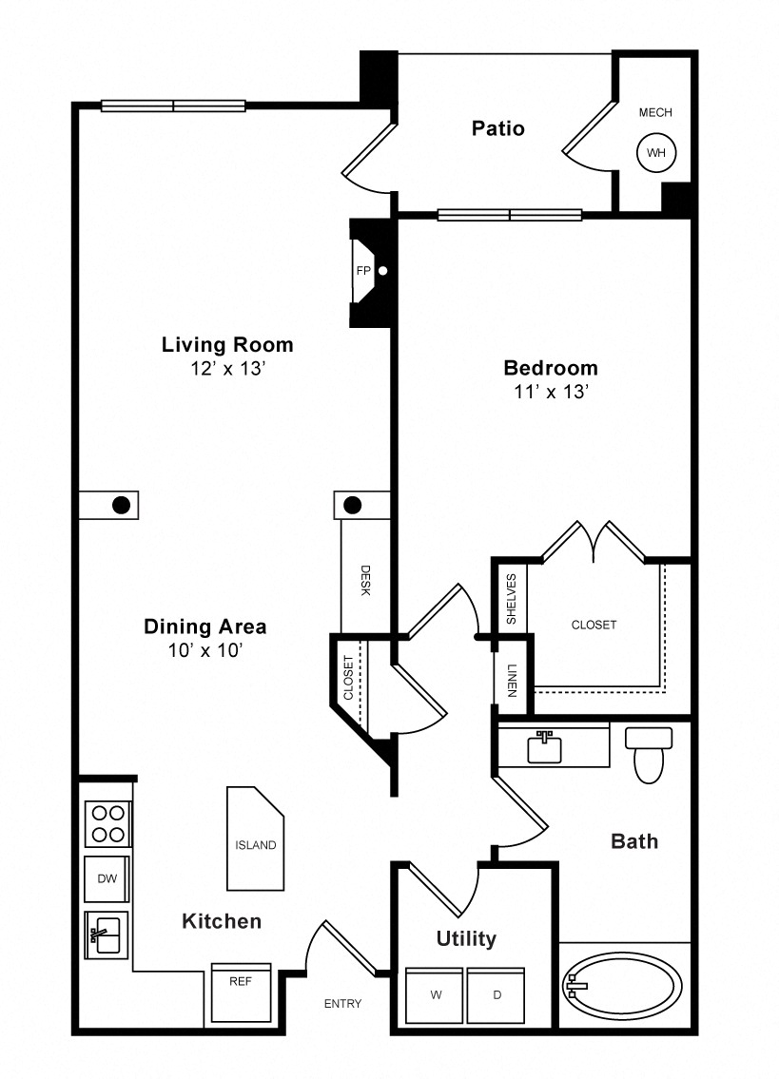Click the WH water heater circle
point(656,153)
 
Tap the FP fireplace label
point(363,270)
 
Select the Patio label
point(498,128)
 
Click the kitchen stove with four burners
point(108,823)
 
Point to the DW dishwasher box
point(107,878)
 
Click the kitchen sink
point(107,935)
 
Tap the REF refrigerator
point(241,993)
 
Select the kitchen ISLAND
point(256,838)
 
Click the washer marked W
point(434,995)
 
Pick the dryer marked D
point(496,995)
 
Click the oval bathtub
point(622,986)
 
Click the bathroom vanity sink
point(544,748)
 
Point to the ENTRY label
point(342,1003)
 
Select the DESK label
point(366,581)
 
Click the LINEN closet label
point(512,681)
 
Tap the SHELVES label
point(511,599)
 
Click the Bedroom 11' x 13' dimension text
point(551,392)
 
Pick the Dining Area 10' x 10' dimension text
point(205,650)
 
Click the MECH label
point(655,112)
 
